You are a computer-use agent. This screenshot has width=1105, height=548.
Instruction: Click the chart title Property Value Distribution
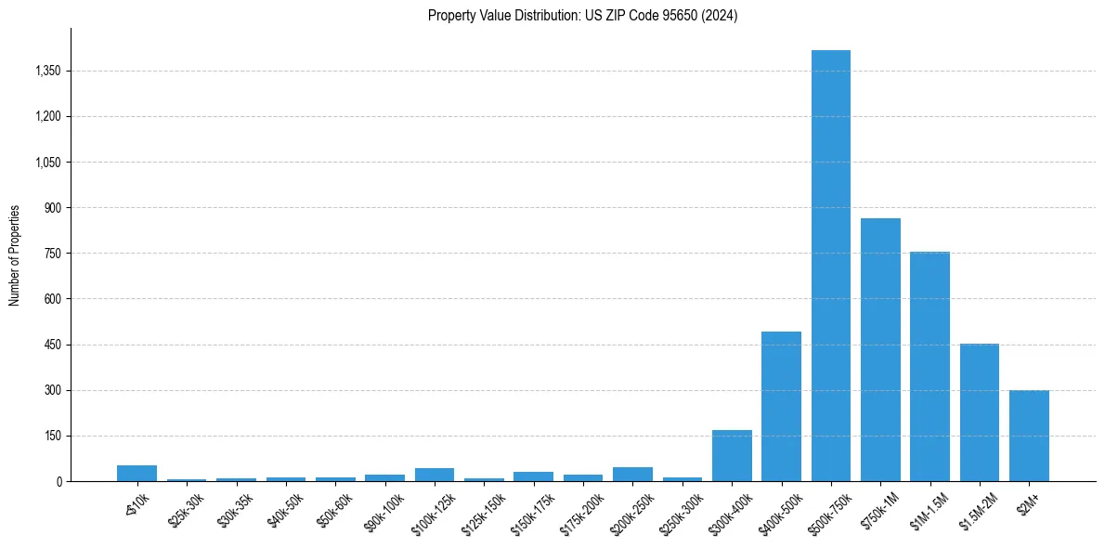[x=582, y=16]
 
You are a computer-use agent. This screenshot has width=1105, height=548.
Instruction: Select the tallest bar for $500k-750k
[x=830, y=266]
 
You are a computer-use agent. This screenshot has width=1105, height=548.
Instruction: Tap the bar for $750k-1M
[x=880, y=349]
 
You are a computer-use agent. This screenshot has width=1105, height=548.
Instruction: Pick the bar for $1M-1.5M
[x=929, y=366]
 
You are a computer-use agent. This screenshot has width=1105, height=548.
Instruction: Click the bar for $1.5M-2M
[x=979, y=412]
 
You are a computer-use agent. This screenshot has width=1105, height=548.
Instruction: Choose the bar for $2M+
[x=1029, y=436]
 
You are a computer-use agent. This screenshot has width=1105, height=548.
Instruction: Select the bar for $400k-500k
[x=781, y=406]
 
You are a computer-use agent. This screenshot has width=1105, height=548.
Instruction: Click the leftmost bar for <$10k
[x=136, y=473]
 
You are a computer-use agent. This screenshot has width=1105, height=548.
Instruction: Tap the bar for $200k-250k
[x=632, y=474]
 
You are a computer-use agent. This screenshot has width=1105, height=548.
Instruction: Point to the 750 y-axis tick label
[x=52, y=254]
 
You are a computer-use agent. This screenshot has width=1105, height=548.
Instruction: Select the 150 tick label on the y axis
[x=52, y=436]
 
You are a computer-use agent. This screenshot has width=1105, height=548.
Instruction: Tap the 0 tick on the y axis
[x=58, y=481]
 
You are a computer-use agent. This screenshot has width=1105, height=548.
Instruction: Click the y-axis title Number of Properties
[x=15, y=254]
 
